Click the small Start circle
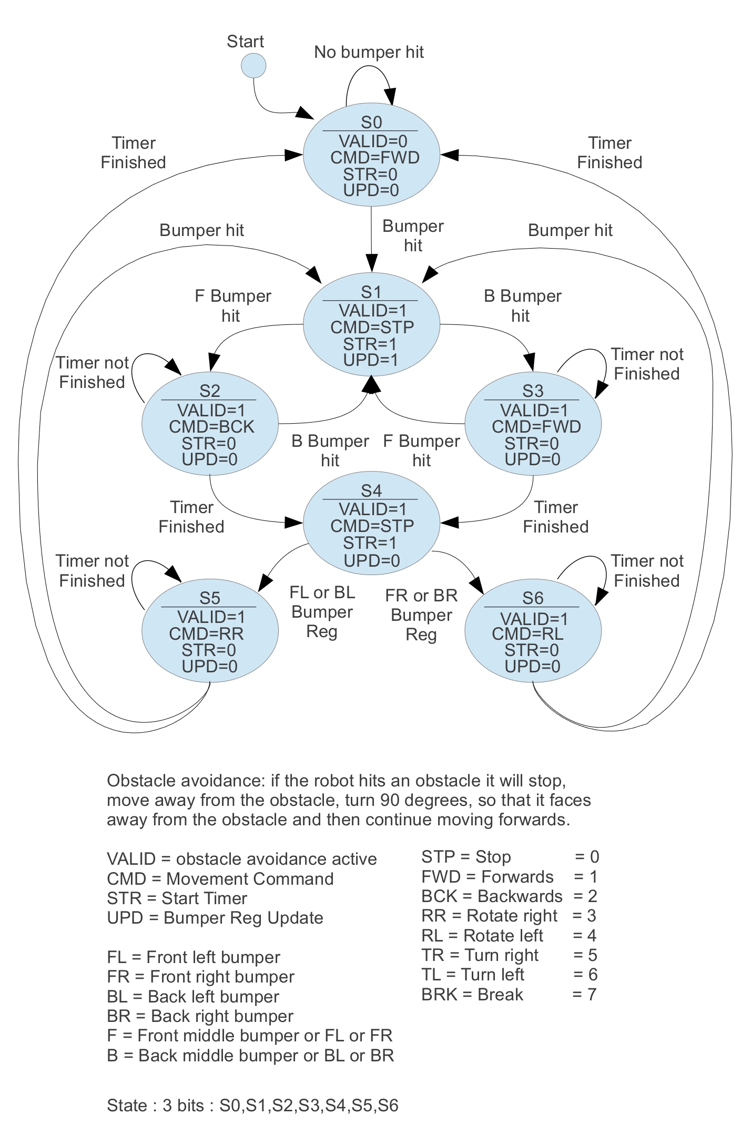253,66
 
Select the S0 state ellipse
371,156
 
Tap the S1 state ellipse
371,325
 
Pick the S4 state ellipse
371,524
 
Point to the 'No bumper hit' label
369,52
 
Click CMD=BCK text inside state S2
211,426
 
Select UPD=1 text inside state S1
371,360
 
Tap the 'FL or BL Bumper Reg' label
322,612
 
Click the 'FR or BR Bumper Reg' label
421,615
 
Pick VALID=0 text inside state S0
373,141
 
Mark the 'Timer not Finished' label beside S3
647,364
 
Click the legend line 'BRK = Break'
472,995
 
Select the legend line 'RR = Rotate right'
489,916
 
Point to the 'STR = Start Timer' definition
177,898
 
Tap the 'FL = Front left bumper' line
193,957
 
